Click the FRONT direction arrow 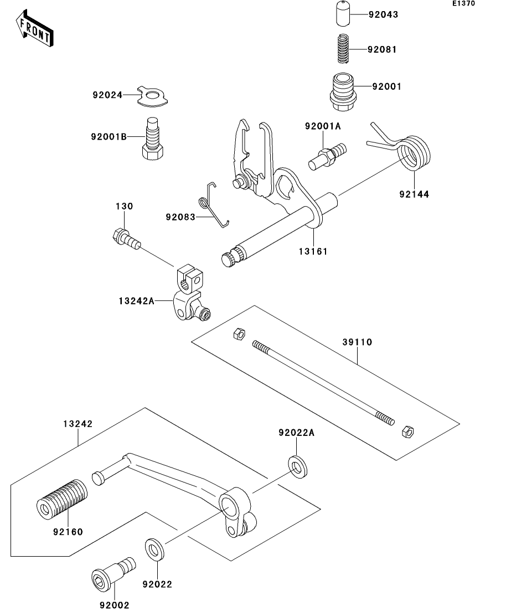coord(34,28)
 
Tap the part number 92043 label coord(383,15)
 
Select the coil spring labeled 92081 coord(343,49)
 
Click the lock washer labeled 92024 coord(153,95)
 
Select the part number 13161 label coord(313,251)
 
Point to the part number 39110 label coord(357,342)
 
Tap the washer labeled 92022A coord(297,466)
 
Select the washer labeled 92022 coord(154,550)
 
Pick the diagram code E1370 coord(463,3)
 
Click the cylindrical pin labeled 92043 coord(343,14)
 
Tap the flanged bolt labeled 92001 coord(343,93)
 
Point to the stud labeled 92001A coord(328,157)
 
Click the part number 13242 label coord(78,424)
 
